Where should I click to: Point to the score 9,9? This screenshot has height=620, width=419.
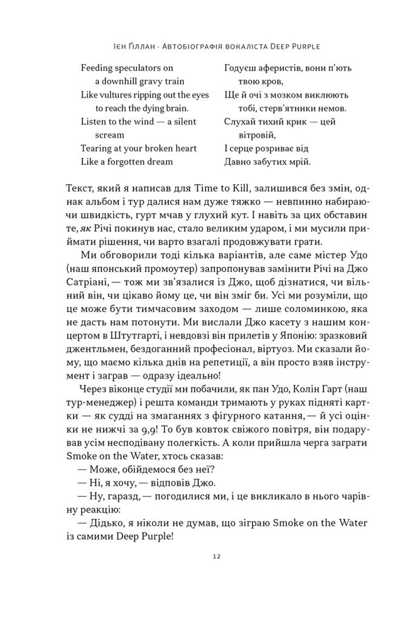point(150,429)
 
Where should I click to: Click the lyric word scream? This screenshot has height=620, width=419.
point(110,135)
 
